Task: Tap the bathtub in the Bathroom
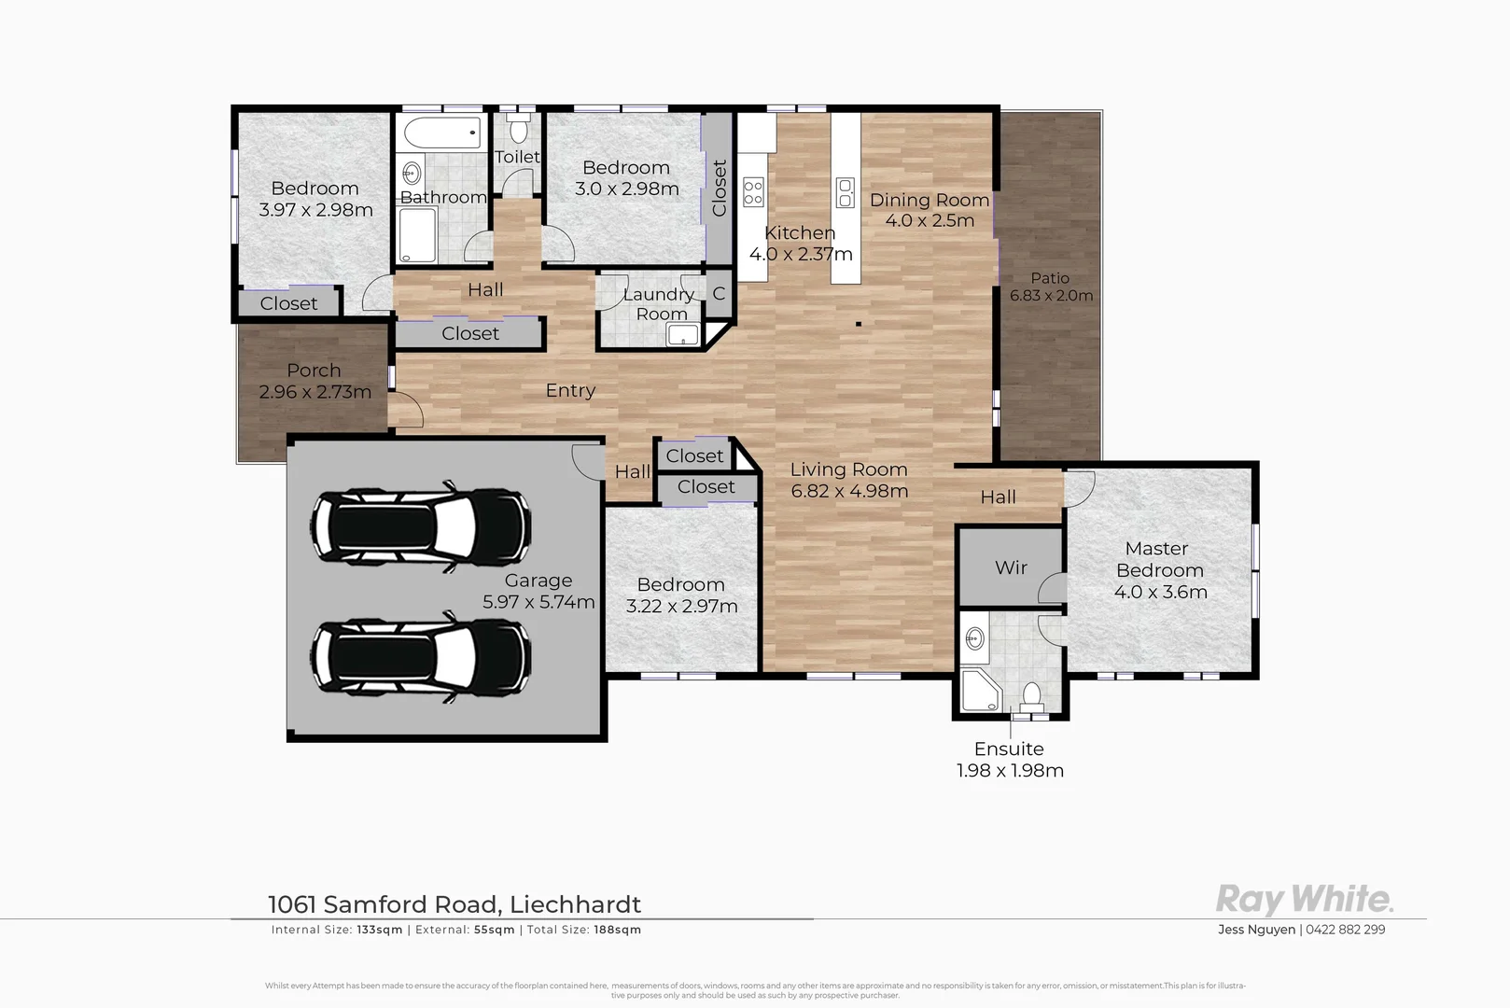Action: click(x=443, y=133)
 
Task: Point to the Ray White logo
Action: click(x=1304, y=900)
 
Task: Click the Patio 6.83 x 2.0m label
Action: click(x=1051, y=287)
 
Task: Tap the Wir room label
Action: click(x=1011, y=567)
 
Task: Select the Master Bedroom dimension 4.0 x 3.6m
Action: click(x=1160, y=592)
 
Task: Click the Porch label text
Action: click(x=314, y=371)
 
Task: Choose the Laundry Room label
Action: click(x=659, y=304)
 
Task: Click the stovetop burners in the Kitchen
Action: click(x=753, y=192)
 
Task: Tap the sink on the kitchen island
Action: click(x=846, y=193)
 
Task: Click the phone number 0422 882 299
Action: click(x=1345, y=930)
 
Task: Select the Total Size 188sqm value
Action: click(x=617, y=930)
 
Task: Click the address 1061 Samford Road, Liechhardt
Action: click(x=454, y=904)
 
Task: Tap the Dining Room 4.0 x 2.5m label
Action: click(x=930, y=210)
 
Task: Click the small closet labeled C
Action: click(x=719, y=294)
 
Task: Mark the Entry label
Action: click(x=570, y=390)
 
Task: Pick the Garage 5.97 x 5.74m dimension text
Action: click(x=538, y=602)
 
